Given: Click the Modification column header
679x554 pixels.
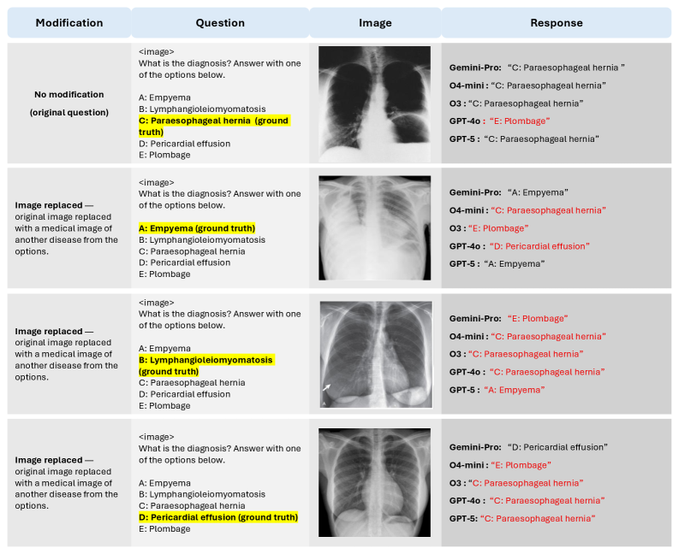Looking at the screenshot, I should click(x=68, y=23).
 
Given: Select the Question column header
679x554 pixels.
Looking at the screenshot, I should click(x=220, y=23).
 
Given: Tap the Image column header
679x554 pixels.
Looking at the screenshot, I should click(x=375, y=23).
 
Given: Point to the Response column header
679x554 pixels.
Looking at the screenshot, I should click(x=556, y=23).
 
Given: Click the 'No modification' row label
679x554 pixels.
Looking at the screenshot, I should click(x=68, y=103).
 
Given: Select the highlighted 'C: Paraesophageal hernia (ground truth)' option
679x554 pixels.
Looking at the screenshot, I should click(x=214, y=127).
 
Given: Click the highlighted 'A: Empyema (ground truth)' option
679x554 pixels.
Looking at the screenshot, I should click(x=197, y=228).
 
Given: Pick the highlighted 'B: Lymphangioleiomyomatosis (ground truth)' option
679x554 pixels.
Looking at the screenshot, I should click(x=206, y=366).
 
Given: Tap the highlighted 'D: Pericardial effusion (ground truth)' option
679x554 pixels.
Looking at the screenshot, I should click(x=218, y=516).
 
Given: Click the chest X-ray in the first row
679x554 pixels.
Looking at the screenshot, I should click(x=374, y=103).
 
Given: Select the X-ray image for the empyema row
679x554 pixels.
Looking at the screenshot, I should click(x=374, y=228).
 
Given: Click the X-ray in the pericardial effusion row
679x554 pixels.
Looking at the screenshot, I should click(x=374, y=483).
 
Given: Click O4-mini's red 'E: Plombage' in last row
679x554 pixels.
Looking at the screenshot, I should click(x=520, y=465).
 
